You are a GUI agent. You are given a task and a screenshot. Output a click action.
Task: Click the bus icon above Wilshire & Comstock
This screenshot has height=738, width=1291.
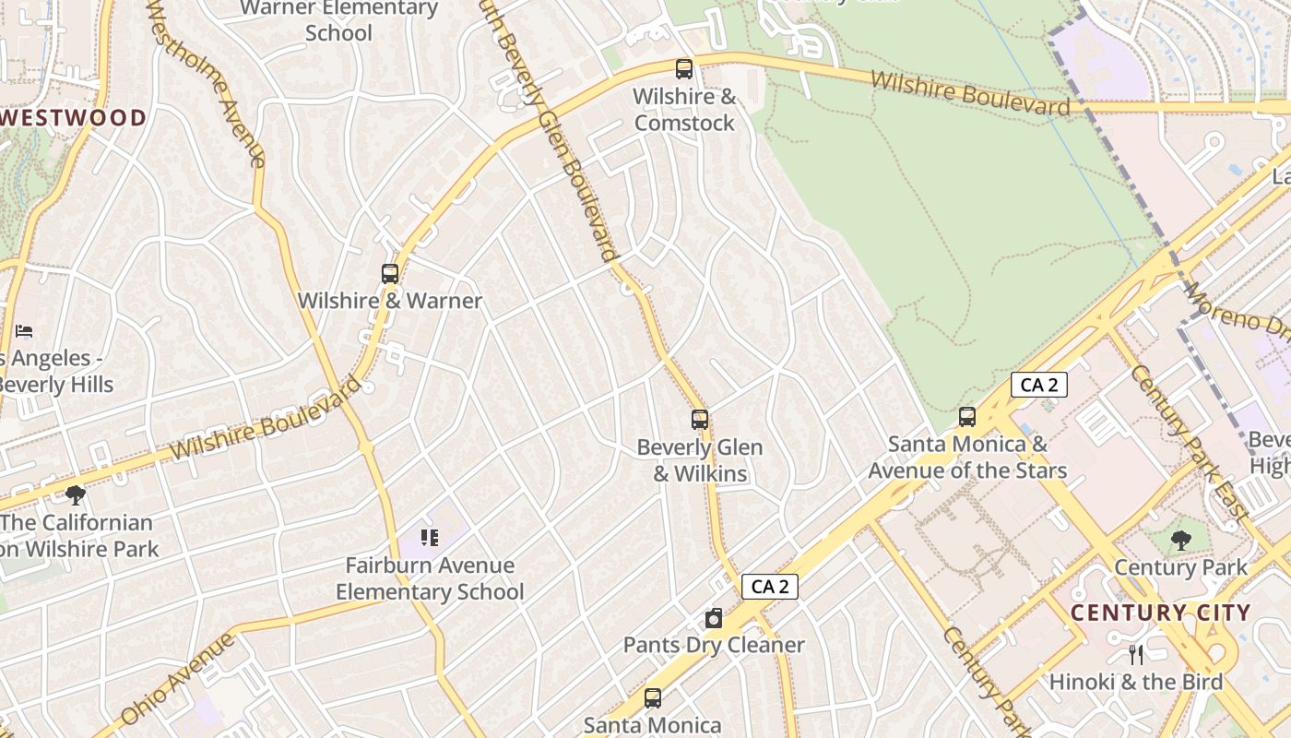683,68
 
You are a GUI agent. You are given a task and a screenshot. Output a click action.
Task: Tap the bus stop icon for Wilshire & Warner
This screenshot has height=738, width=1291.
390,273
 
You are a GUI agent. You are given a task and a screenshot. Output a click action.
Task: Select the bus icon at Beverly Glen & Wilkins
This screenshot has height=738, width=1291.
700,420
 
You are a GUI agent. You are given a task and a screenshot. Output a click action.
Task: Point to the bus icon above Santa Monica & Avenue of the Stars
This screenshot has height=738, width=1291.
966,416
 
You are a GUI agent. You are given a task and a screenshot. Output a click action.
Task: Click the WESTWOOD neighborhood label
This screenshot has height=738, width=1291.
74,118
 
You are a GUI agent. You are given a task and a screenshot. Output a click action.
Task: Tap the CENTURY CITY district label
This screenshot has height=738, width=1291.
1160,613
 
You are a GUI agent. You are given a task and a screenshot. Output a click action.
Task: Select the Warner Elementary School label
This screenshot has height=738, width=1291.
338,20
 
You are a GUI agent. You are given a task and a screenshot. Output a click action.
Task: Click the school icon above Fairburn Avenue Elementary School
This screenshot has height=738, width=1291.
429,537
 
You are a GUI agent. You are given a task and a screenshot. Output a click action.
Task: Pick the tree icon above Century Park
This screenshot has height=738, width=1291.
1180,540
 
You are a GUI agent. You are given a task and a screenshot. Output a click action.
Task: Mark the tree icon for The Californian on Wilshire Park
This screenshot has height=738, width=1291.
76,495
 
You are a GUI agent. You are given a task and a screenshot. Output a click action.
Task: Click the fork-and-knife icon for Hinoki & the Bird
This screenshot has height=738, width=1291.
1136,655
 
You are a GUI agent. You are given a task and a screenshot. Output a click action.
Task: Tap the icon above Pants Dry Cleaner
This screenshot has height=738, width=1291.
714,618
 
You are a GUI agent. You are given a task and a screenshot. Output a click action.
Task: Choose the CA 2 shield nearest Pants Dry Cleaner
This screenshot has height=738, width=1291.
769,587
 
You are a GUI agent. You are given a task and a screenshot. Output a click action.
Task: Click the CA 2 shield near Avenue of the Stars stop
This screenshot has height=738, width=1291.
1039,385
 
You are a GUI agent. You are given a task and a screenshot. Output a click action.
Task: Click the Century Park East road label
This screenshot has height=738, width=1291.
1189,442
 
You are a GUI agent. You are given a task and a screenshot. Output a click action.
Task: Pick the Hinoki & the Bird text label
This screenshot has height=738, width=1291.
1136,683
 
